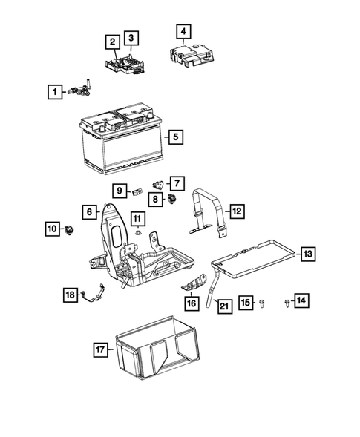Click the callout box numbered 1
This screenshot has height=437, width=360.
point(53,93)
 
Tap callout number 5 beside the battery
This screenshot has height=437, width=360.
point(174,137)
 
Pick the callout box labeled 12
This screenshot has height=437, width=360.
point(235,211)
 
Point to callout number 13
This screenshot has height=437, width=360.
point(307,254)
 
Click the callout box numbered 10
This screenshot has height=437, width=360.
point(51,229)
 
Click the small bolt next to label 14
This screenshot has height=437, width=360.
point(287,302)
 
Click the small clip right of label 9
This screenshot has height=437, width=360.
point(137,191)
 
